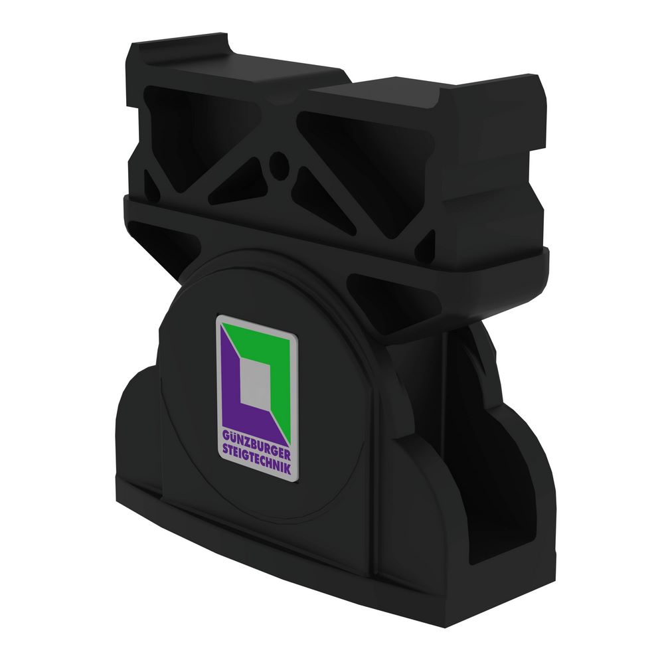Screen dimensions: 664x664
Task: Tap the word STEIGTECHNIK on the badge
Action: click(x=258, y=459)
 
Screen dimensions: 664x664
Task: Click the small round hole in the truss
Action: click(x=279, y=161)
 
